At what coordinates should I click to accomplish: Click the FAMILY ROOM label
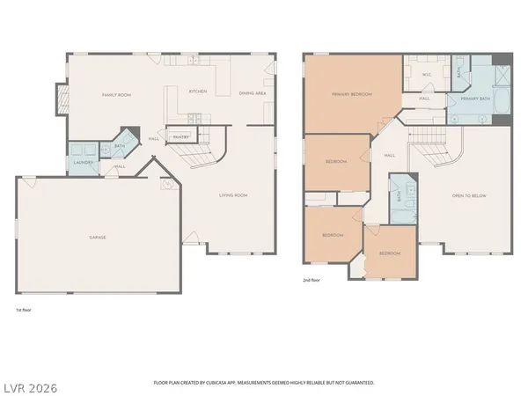click(116, 95)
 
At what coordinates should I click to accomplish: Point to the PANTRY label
click(180, 137)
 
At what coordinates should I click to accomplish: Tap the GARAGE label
click(97, 238)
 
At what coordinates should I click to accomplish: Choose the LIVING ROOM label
click(233, 195)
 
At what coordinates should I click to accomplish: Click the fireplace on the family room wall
click(61, 99)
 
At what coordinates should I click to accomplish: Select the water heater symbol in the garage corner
click(166, 185)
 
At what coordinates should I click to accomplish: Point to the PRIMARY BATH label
click(474, 99)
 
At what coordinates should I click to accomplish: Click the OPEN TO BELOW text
click(468, 195)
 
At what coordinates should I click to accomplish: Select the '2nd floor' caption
click(310, 282)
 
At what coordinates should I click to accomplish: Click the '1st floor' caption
click(24, 311)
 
